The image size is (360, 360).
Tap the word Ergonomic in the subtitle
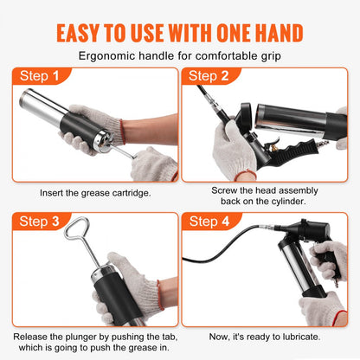pyautogui.click(x=106, y=56)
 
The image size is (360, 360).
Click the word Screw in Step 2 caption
pyautogui.click(x=227, y=189)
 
